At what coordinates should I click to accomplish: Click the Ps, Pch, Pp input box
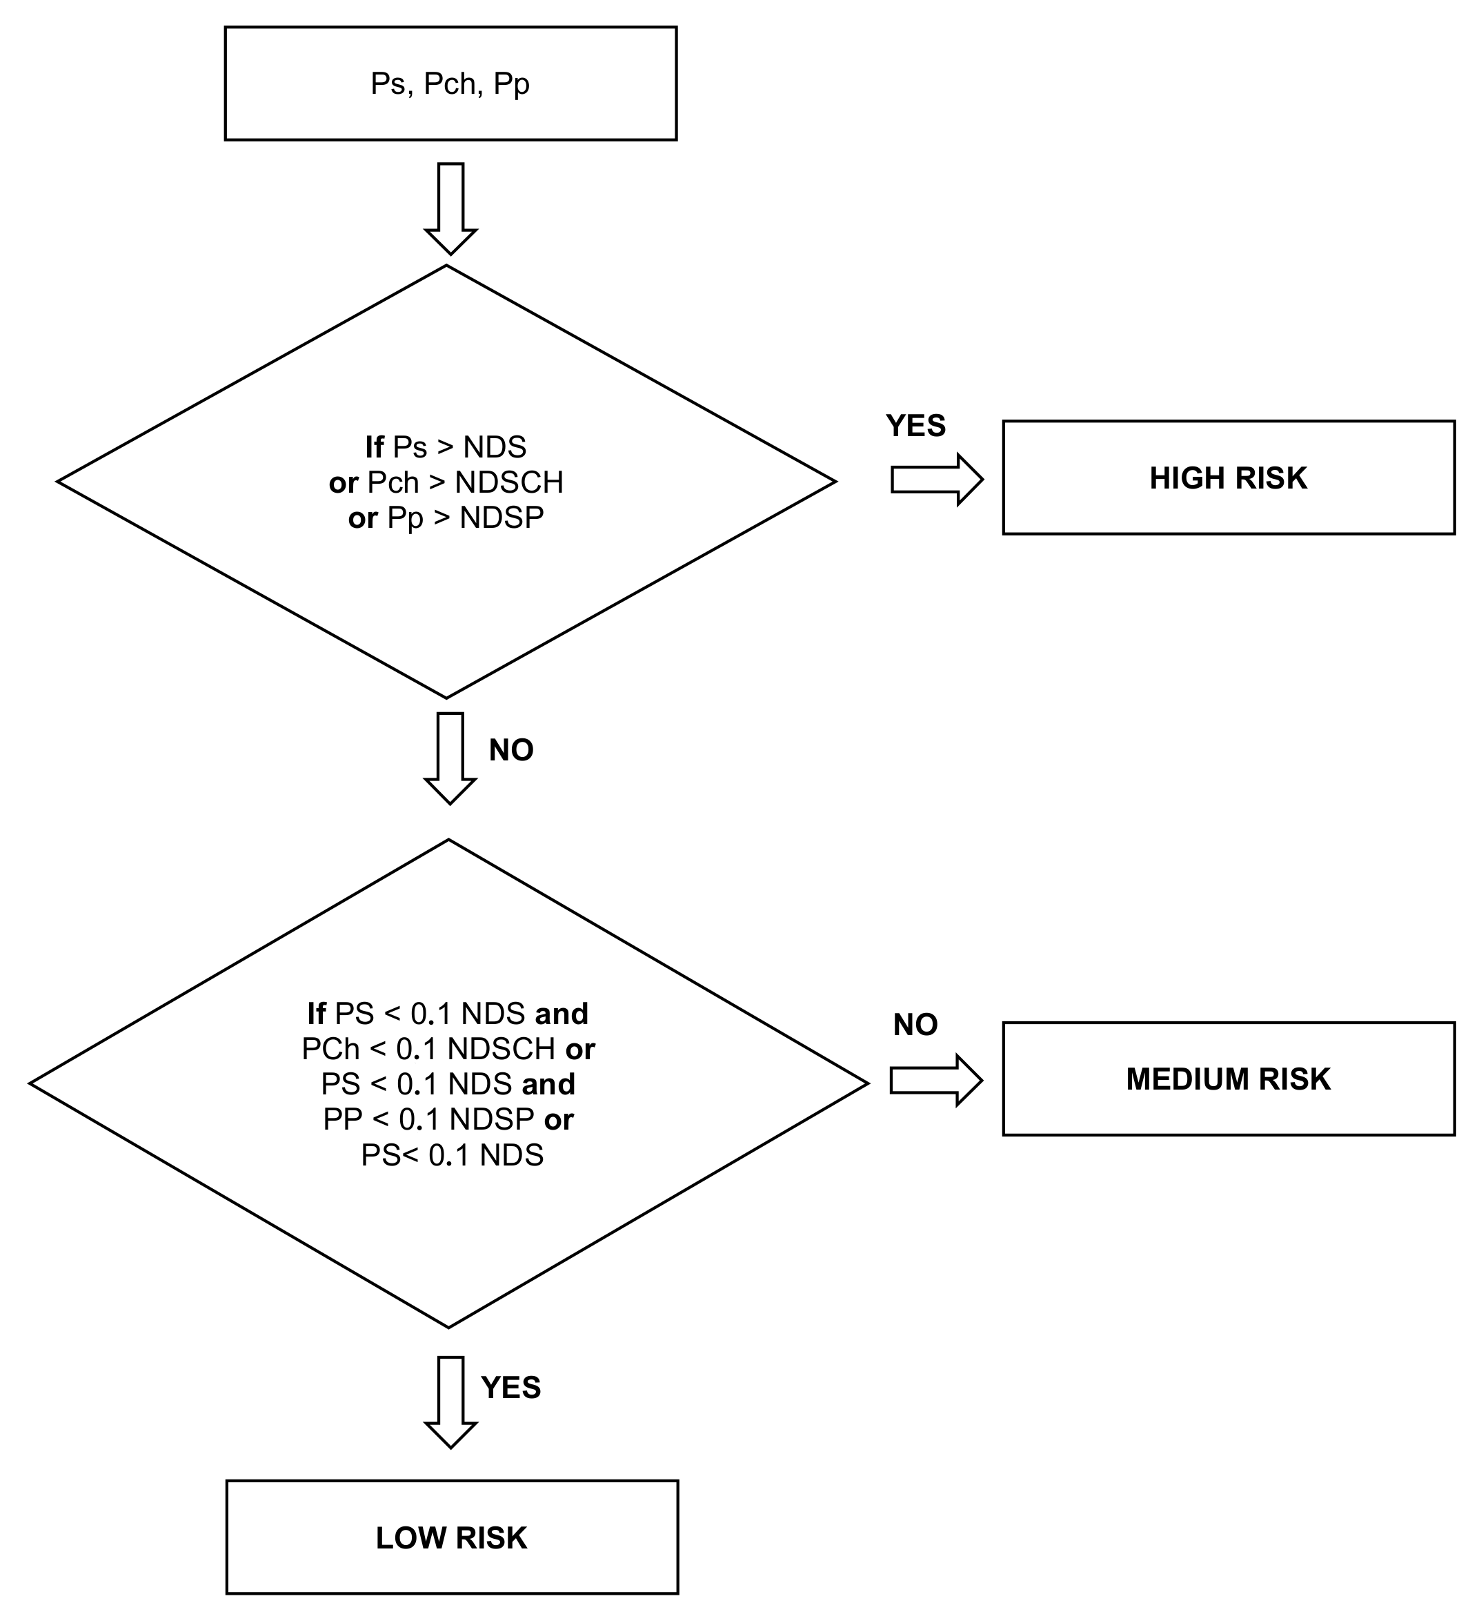pyautogui.click(x=450, y=83)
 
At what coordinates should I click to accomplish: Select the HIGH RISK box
pyautogui.click(x=1228, y=478)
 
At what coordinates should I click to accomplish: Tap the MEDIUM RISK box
pyautogui.click(x=1228, y=1079)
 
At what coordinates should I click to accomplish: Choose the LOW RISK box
pyautogui.click(x=451, y=1537)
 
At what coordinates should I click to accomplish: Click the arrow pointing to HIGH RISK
pyautogui.click(x=937, y=480)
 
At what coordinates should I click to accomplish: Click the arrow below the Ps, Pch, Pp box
pyautogui.click(x=450, y=208)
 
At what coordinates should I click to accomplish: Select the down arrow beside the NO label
pyautogui.click(x=450, y=757)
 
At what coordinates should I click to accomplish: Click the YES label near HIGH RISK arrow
pyautogui.click(x=915, y=426)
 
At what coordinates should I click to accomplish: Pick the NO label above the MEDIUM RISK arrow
pyautogui.click(x=915, y=1025)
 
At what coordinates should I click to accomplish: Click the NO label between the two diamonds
pyautogui.click(x=511, y=750)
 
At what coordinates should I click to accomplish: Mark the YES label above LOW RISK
pyautogui.click(x=511, y=1387)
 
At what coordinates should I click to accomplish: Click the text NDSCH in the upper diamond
pyautogui.click(x=508, y=482)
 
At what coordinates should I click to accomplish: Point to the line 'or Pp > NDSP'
pyautogui.click(x=446, y=518)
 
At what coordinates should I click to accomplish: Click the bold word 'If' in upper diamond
pyautogui.click(x=374, y=447)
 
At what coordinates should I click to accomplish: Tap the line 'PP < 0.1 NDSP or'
pyautogui.click(x=448, y=1120)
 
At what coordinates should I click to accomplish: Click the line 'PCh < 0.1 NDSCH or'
pyautogui.click(x=448, y=1049)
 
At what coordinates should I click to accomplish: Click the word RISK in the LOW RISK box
pyautogui.click(x=491, y=1537)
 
